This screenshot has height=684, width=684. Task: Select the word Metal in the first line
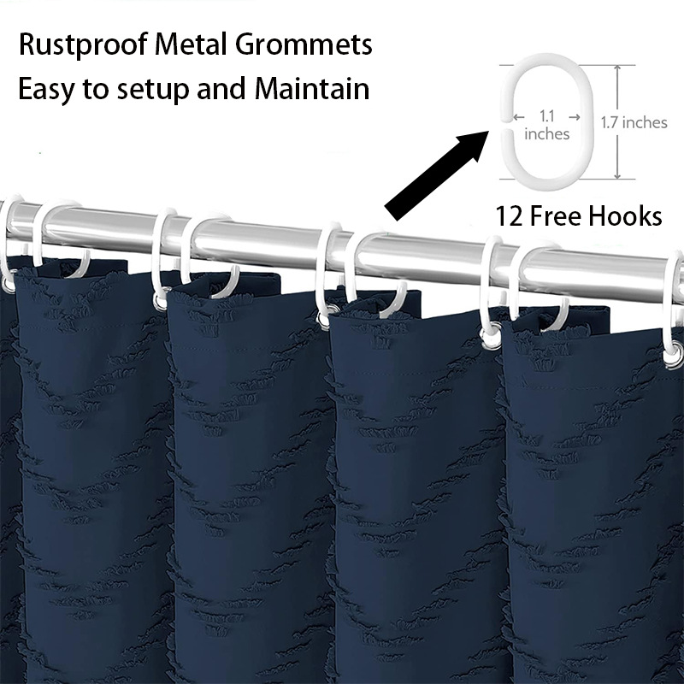coord(195,44)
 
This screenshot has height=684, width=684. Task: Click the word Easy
coord(47,89)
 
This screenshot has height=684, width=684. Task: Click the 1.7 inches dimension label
coord(634,122)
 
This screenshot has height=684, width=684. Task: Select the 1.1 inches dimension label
coord(546,125)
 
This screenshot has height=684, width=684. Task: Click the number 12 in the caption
coord(510,216)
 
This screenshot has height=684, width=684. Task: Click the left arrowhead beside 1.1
coord(516,115)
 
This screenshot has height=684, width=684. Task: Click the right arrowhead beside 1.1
coord(576,115)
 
